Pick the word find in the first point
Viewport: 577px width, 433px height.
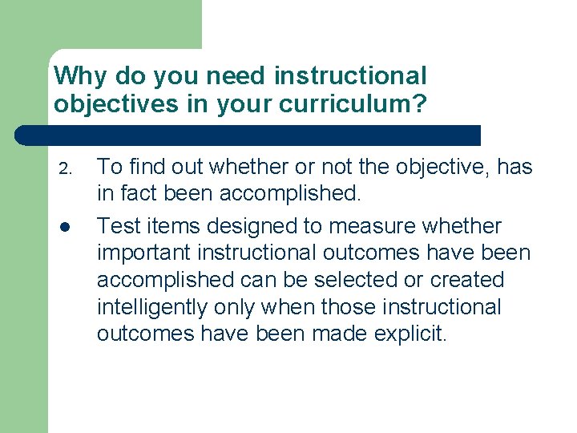(x=146, y=166)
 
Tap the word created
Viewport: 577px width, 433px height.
(x=467, y=281)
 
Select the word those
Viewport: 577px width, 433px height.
(x=349, y=307)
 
